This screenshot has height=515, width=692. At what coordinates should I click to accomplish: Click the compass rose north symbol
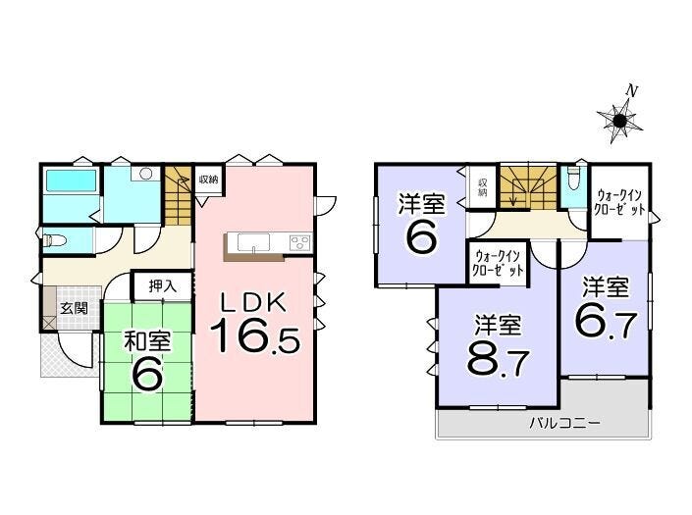(619, 120)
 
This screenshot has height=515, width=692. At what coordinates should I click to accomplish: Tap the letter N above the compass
(632, 91)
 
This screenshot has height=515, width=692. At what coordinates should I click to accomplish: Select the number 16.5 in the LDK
(254, 335)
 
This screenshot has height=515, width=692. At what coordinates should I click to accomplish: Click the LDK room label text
(254, 303)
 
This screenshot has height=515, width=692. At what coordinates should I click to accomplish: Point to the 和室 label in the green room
(147, 341)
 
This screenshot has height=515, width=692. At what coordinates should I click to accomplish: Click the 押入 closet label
(163, 286)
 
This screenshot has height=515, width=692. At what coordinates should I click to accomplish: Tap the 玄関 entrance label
(74, 308)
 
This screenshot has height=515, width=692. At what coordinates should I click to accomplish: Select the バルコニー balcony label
(565, 424)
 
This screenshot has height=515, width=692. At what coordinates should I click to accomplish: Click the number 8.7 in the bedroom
(498, 360)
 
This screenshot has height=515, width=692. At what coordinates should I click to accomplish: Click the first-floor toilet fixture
(55, 240)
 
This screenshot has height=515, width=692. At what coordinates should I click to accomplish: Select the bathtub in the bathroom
(72, 180)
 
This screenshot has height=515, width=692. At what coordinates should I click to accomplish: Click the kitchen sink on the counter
(253, 242)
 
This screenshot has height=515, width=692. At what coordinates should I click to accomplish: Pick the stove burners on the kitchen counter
(299, 243)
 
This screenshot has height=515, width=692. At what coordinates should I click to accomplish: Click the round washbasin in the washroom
(146, 174)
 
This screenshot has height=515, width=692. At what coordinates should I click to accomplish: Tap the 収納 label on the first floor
(208, 180)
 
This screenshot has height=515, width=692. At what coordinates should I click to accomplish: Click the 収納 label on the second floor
(482, 187)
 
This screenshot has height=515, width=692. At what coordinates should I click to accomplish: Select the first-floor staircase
(178, 195)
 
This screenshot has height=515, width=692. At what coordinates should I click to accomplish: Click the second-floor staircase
(527, 187)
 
